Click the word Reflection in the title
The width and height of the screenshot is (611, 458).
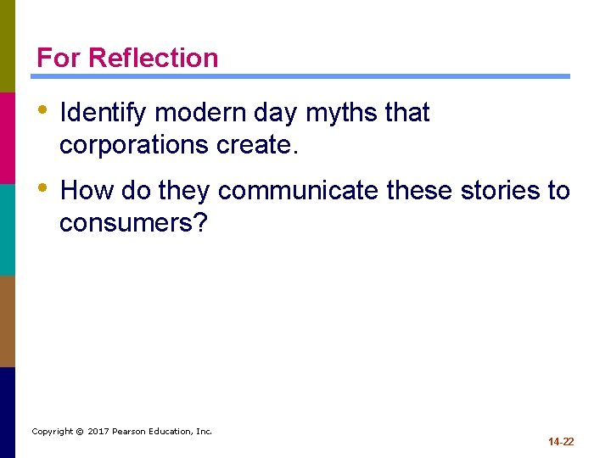(153, 58)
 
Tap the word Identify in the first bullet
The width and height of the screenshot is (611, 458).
(106, 113)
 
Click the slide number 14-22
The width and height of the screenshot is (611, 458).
(561, 442)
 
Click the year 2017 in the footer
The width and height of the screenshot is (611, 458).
(99, 432)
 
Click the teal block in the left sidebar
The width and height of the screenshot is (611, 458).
(8, 230)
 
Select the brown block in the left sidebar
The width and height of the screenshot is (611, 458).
(8, 321)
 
